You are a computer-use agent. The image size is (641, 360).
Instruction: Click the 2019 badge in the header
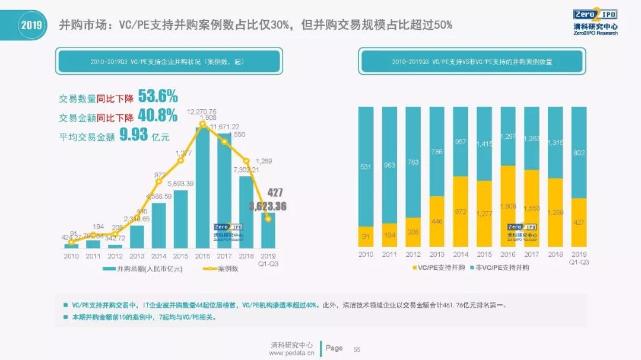click(30, 25)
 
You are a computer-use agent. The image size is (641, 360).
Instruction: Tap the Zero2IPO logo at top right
click(595, 22)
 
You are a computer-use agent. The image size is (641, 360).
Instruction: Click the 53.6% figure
click(157, 97)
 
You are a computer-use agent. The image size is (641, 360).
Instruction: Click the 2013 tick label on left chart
click(137, 256)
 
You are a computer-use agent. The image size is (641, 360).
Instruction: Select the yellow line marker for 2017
click(224, 142)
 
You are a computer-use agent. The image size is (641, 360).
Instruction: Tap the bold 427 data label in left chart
click(274, 193)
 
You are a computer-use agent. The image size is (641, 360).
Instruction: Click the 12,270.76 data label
click(202, 111)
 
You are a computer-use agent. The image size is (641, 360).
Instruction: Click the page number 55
click(357, 349)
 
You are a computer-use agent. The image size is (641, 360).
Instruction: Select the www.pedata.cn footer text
click(291, 353)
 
